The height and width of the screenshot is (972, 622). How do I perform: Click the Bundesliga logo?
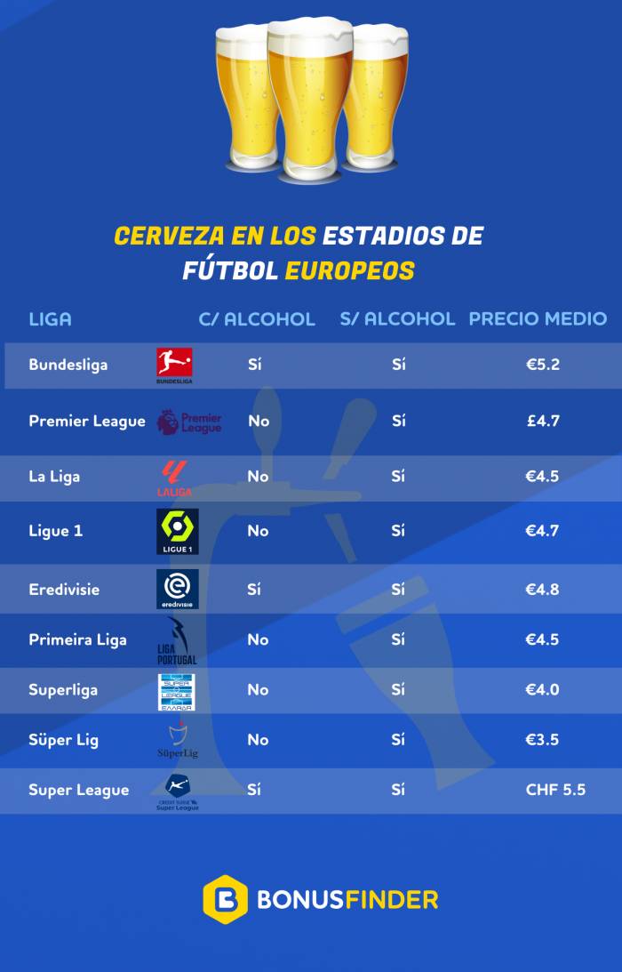coord(174,365)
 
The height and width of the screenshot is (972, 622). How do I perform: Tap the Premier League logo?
coord(188,422)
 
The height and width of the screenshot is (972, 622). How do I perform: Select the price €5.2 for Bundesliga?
coord(542,365)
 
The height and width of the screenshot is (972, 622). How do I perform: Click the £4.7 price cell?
coord(542,421)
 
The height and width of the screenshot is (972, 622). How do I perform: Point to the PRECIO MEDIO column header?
coord(538,318)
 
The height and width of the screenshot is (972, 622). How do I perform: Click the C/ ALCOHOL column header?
coord(256,318)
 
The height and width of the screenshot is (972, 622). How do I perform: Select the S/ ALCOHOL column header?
coord(397,318)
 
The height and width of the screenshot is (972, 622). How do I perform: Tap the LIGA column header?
coord(50,318)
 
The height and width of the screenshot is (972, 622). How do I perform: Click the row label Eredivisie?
coord(64,590)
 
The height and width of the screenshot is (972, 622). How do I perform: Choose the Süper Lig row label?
coord(63,740)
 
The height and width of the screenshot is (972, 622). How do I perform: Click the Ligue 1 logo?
coord(177,532)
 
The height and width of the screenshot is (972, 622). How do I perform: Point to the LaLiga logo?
coord(174,478)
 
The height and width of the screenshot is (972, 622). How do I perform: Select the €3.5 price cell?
coord(542,740)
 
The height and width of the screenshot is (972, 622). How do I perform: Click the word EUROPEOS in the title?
coord(349,270)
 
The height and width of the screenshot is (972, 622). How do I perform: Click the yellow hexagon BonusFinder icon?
coord(225,899)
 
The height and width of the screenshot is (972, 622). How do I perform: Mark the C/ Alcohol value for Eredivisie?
coord(254,590)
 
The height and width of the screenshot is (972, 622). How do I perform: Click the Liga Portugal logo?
coord(176,641)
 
